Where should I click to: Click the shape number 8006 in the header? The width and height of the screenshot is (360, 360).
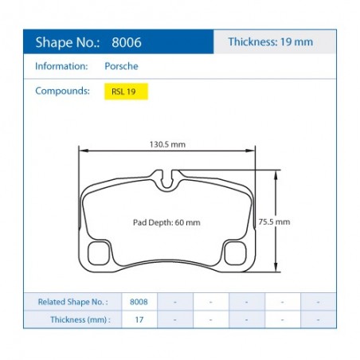127,42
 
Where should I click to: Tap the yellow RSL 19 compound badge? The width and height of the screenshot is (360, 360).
126,92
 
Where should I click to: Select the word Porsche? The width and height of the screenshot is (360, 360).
121,66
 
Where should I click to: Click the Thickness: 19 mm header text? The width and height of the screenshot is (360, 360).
271,41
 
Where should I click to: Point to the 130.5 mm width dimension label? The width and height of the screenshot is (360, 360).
167,144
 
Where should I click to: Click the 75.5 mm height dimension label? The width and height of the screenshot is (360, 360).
274,221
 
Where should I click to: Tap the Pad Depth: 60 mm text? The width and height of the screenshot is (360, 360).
166,222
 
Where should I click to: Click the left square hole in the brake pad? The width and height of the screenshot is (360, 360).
99,253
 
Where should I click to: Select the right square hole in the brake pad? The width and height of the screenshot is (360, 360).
236,253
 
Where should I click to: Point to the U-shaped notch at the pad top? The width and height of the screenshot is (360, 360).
166,188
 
